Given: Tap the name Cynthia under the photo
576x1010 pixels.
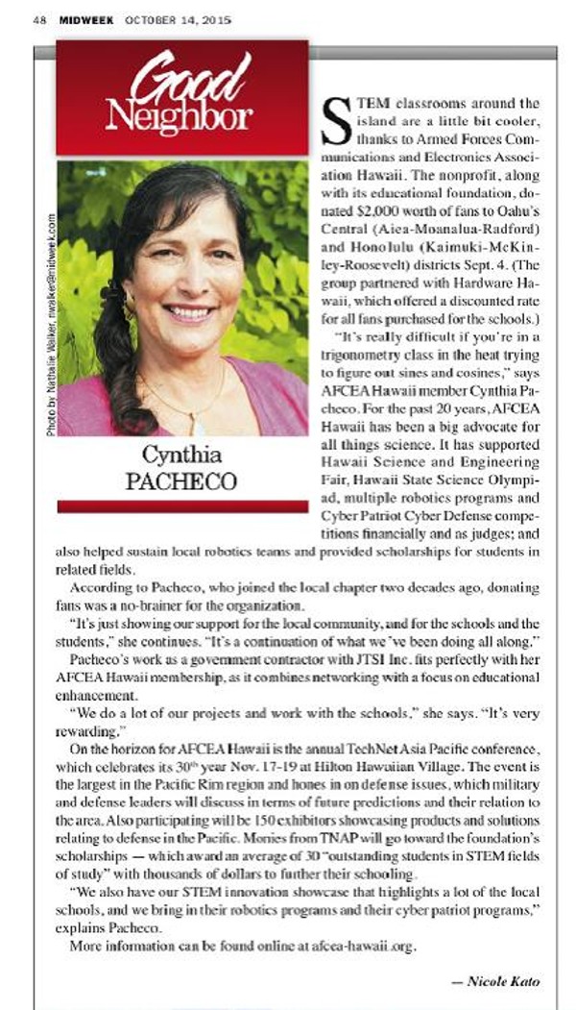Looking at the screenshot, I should point(182,455).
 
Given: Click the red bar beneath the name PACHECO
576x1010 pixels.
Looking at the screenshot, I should point(182,505).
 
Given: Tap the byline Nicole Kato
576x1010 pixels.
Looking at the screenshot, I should point(500,981).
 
